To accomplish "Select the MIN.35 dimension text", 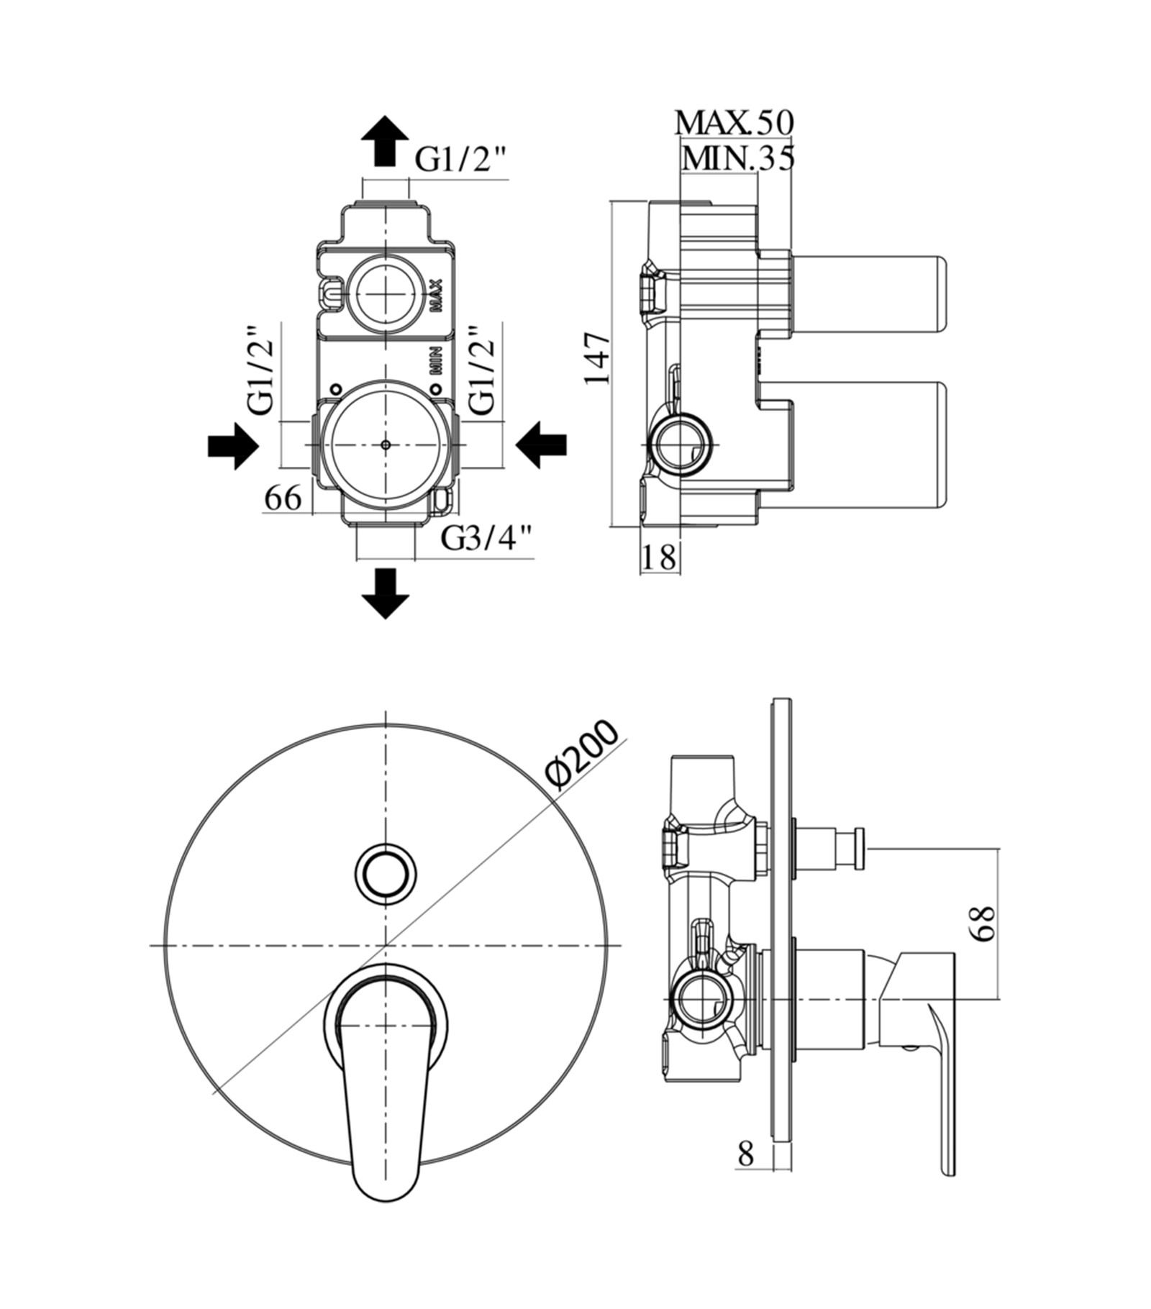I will click(x=738, y=158).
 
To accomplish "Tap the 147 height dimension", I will click(x=596, y=357).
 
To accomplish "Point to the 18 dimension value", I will click(x=659, y=557).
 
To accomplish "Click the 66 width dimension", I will click(x=283, y=498).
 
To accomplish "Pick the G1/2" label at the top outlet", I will click(x=462, y=160).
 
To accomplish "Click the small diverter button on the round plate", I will click(x=386, y=871).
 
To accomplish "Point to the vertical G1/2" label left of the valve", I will click(x=261, y=371).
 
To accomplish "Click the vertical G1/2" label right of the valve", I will click(x=483, y=371).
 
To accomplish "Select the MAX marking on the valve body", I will click(x=436, y=295).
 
